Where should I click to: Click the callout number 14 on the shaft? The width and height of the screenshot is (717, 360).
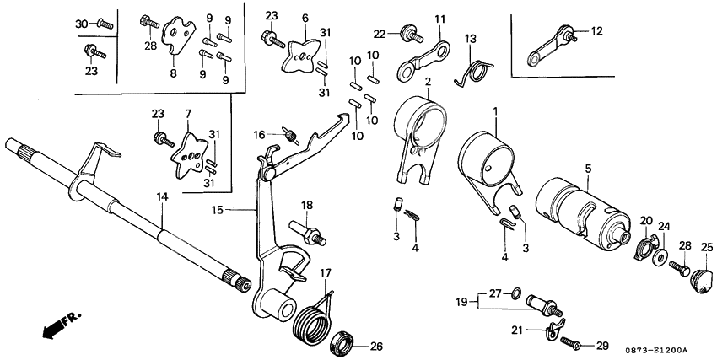(160, 196)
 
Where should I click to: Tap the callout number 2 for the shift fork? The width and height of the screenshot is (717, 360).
(428, 82)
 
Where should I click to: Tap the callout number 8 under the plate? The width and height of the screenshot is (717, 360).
(173, 73)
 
